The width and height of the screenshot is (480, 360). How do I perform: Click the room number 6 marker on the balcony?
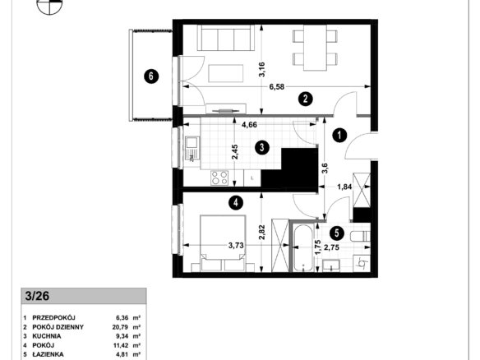(151, 76)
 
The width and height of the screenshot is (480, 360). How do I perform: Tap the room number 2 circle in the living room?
(305, 99)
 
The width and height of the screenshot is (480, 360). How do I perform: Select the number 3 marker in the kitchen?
(262, 148)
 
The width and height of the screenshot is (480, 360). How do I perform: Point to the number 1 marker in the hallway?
(339, 136)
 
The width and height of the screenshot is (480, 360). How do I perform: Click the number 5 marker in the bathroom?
(337, 233)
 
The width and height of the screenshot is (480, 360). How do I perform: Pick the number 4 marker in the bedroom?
(236, 202)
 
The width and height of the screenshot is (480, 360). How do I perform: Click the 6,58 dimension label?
(277, 87)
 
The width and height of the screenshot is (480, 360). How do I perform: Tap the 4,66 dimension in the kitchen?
(249, 125)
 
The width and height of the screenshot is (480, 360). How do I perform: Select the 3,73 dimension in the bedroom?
(237, 245)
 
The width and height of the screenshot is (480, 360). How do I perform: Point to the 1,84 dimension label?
(344, 187)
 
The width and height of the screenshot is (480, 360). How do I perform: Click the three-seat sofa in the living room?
(226, 38)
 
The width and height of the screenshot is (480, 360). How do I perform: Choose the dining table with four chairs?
(315, 48)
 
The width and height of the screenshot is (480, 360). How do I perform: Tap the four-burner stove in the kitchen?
(219, 178)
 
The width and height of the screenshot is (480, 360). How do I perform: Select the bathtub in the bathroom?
(302, 248)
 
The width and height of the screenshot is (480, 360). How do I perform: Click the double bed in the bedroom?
(223, 243)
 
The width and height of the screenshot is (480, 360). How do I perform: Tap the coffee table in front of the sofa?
(226, 73)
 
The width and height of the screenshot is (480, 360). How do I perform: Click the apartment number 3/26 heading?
(37, 296)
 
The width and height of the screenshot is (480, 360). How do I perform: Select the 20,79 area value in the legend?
(120, 327)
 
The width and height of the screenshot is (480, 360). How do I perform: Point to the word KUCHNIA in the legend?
(47, 336)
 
